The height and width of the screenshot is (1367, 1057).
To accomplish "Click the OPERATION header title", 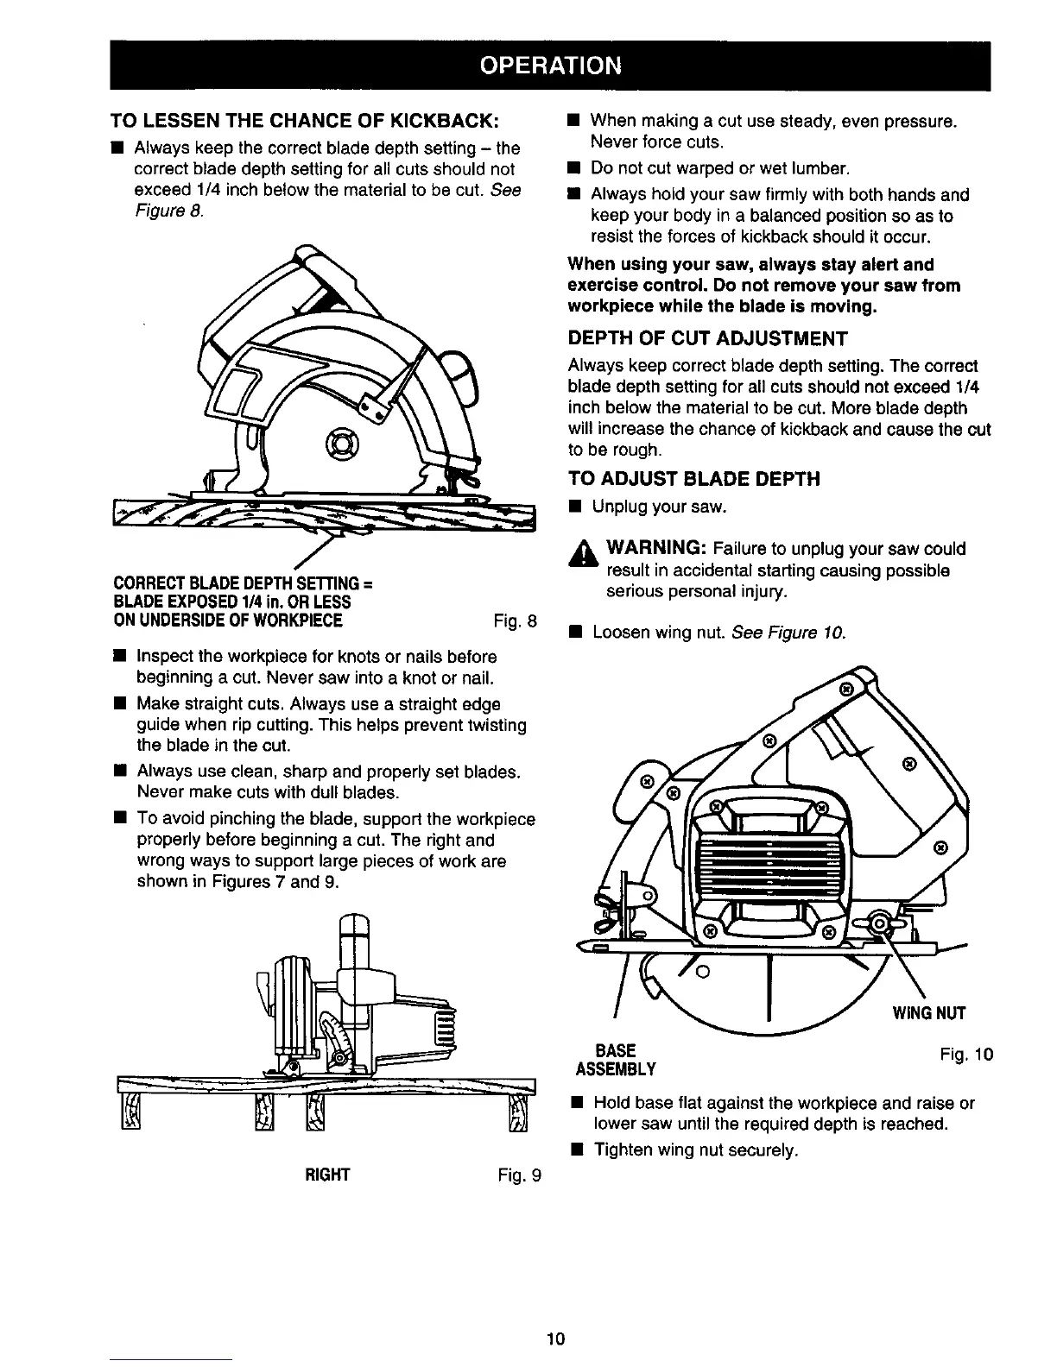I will (549, 66).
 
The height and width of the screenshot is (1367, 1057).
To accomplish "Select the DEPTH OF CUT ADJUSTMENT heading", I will (707, 337).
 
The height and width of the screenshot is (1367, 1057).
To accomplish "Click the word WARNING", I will (658, 549).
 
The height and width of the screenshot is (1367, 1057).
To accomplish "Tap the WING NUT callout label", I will (929, 1012).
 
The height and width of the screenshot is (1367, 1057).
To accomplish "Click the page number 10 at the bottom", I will (554, 1339).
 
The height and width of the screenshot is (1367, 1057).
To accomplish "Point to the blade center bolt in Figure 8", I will (341, 446).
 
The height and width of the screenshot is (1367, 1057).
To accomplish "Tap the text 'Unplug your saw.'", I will (658, 506).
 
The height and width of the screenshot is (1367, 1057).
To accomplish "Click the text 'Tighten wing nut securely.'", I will (695, 1150).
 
